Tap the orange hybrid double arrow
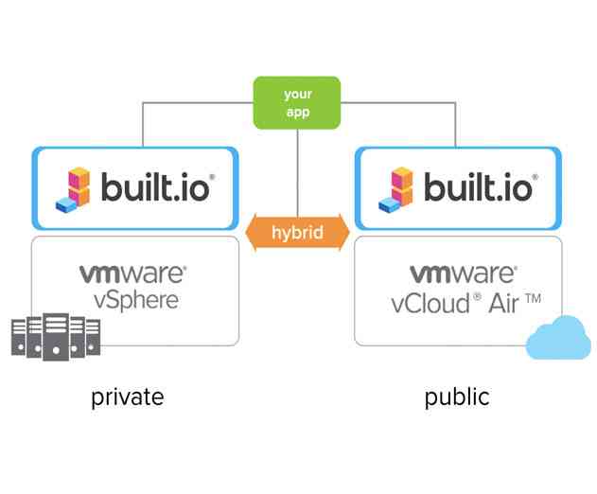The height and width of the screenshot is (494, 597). (x=297, y=232)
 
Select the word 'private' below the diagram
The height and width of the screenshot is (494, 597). (x=128, y=397)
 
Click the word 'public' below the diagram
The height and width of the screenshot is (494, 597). (x=457, y=397)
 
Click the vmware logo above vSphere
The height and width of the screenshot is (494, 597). (x=132, y=274)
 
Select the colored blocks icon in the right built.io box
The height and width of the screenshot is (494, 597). (x=397, y=189)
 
